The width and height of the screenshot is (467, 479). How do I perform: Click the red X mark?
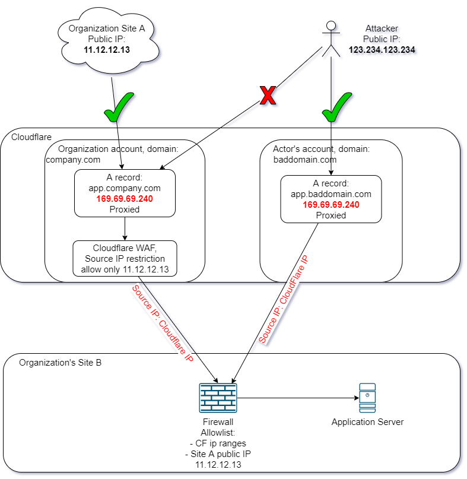[268, 96]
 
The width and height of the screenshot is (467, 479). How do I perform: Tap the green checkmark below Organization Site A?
[119, 109]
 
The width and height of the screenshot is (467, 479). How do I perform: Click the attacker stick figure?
[331, 39]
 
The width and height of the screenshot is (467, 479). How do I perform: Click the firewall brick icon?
[218, 398]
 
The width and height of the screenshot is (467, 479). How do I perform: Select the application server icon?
[367, 398]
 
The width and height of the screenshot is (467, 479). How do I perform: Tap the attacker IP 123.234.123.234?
[382, 50]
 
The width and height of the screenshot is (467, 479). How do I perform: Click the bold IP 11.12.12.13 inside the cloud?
[107, 50]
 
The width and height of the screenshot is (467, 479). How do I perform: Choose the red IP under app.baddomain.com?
[331, 204]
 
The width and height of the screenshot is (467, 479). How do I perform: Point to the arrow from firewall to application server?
[297, 398]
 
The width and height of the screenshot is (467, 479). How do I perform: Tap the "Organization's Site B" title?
[60, 362]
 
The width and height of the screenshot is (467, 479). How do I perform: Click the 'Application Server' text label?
[367, 422]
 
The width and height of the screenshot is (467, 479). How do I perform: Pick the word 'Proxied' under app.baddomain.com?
[331, 215]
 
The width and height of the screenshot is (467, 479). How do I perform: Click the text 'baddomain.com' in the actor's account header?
[304, 159]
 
